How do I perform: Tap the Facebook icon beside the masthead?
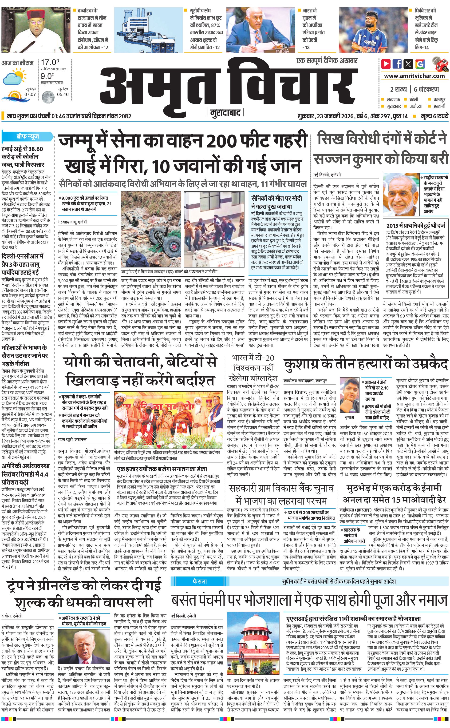397,64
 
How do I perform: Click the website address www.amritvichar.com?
414,76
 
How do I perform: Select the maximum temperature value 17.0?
50,63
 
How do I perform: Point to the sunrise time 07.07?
30,94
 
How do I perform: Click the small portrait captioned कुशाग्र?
349,395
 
